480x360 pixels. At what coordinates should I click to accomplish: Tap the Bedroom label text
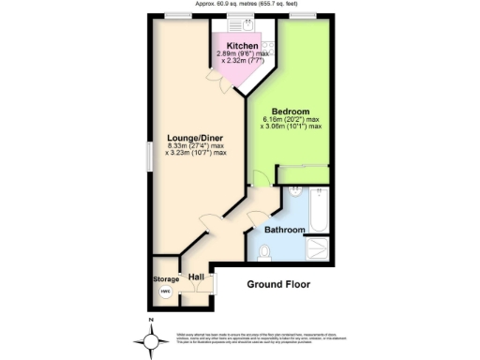[x=290, y=111]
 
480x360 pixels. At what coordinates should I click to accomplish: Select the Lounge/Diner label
[x=196, y=135]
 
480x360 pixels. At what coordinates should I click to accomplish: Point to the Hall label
[x=196, y=277]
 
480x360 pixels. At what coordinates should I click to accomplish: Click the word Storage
[x=166, y=279]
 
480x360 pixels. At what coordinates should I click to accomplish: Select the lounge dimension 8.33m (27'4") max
[x=196, y=145]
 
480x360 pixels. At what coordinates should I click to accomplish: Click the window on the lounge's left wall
[x=148, y=156]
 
